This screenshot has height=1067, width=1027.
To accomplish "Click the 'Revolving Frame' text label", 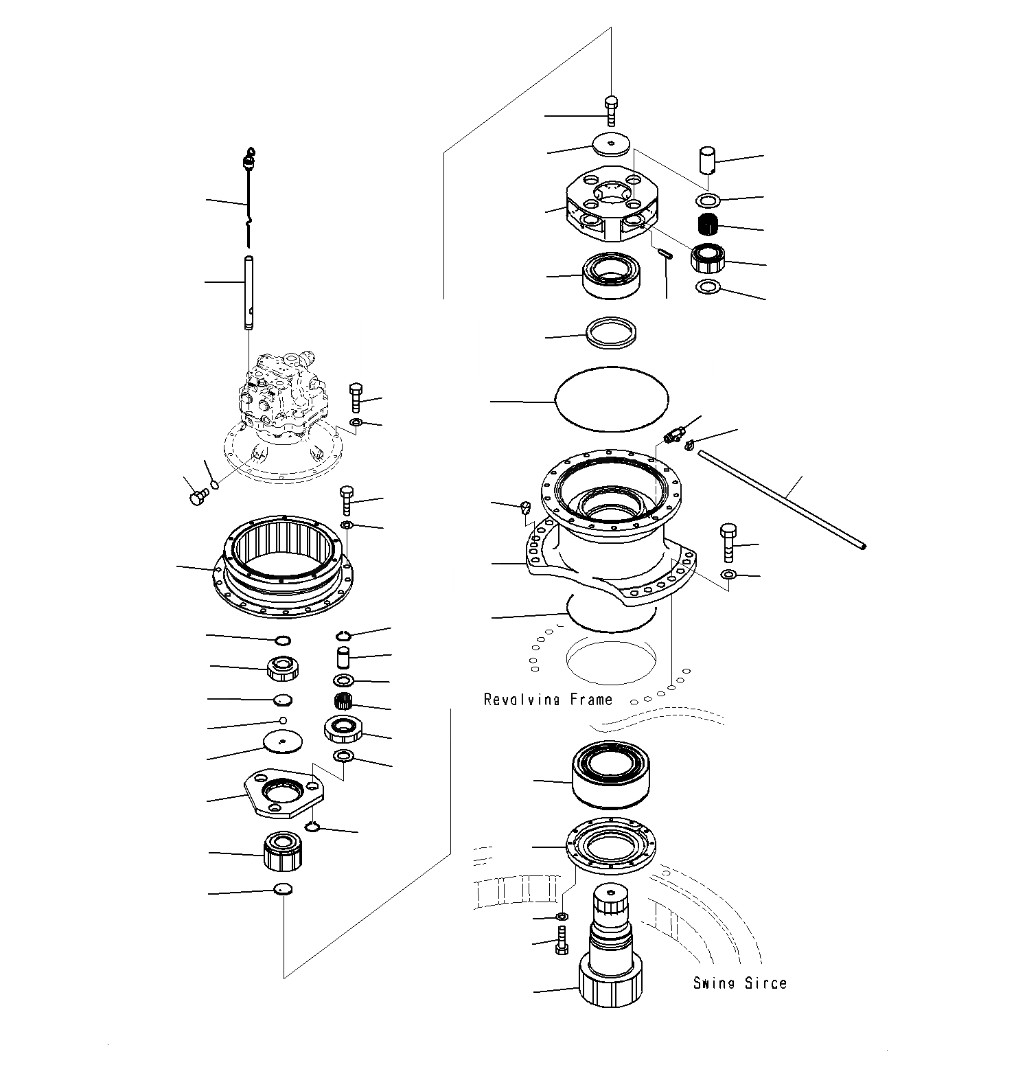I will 548,700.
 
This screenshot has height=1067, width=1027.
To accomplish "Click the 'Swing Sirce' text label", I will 739,983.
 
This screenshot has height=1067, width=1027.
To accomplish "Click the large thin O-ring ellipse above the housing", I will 611,399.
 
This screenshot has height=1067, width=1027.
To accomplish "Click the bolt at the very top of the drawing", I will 611,110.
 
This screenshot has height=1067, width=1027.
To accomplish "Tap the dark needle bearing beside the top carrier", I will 708,224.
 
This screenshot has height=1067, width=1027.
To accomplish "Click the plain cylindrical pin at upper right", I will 707,160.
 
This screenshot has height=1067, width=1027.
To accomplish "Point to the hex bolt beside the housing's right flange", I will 729,542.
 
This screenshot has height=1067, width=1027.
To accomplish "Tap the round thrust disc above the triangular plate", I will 283,742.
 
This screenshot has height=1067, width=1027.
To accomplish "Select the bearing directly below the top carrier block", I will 610,275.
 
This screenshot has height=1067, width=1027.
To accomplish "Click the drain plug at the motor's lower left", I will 197,496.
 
